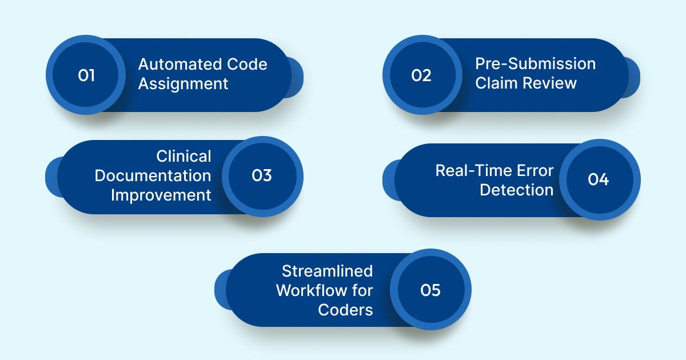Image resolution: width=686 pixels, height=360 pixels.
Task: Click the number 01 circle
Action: pyautogui.click(x=86, y=75)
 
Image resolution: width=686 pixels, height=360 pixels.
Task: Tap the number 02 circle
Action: pyautogui.click(x=422, y=75)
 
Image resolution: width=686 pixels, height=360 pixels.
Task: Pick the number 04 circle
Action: pyautogui.click(x=599, y=179)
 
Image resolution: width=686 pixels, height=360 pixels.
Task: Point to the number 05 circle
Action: pyautogui.click(x=430, y=290)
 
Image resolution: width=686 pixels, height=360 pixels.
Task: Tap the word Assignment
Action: pyautogui.click(x=183, y=84)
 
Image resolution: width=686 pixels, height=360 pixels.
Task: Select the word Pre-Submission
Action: pyautogui.click(x=535, y=63)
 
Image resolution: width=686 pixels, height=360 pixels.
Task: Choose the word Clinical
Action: pyautogui.click(x=184, y=157)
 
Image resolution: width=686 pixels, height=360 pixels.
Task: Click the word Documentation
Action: pyautogui.click(x=153, y=175)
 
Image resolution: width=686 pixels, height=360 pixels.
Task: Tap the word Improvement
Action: pyautogui.click(x=161, y=195)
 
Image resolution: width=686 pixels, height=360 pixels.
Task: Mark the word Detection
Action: pyautogui.click(x=516, y=190)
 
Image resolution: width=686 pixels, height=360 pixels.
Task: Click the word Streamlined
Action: pyautogui.click(x=327, y=271)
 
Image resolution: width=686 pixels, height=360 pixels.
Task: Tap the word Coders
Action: pyautogui.click(x=345, y=310)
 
